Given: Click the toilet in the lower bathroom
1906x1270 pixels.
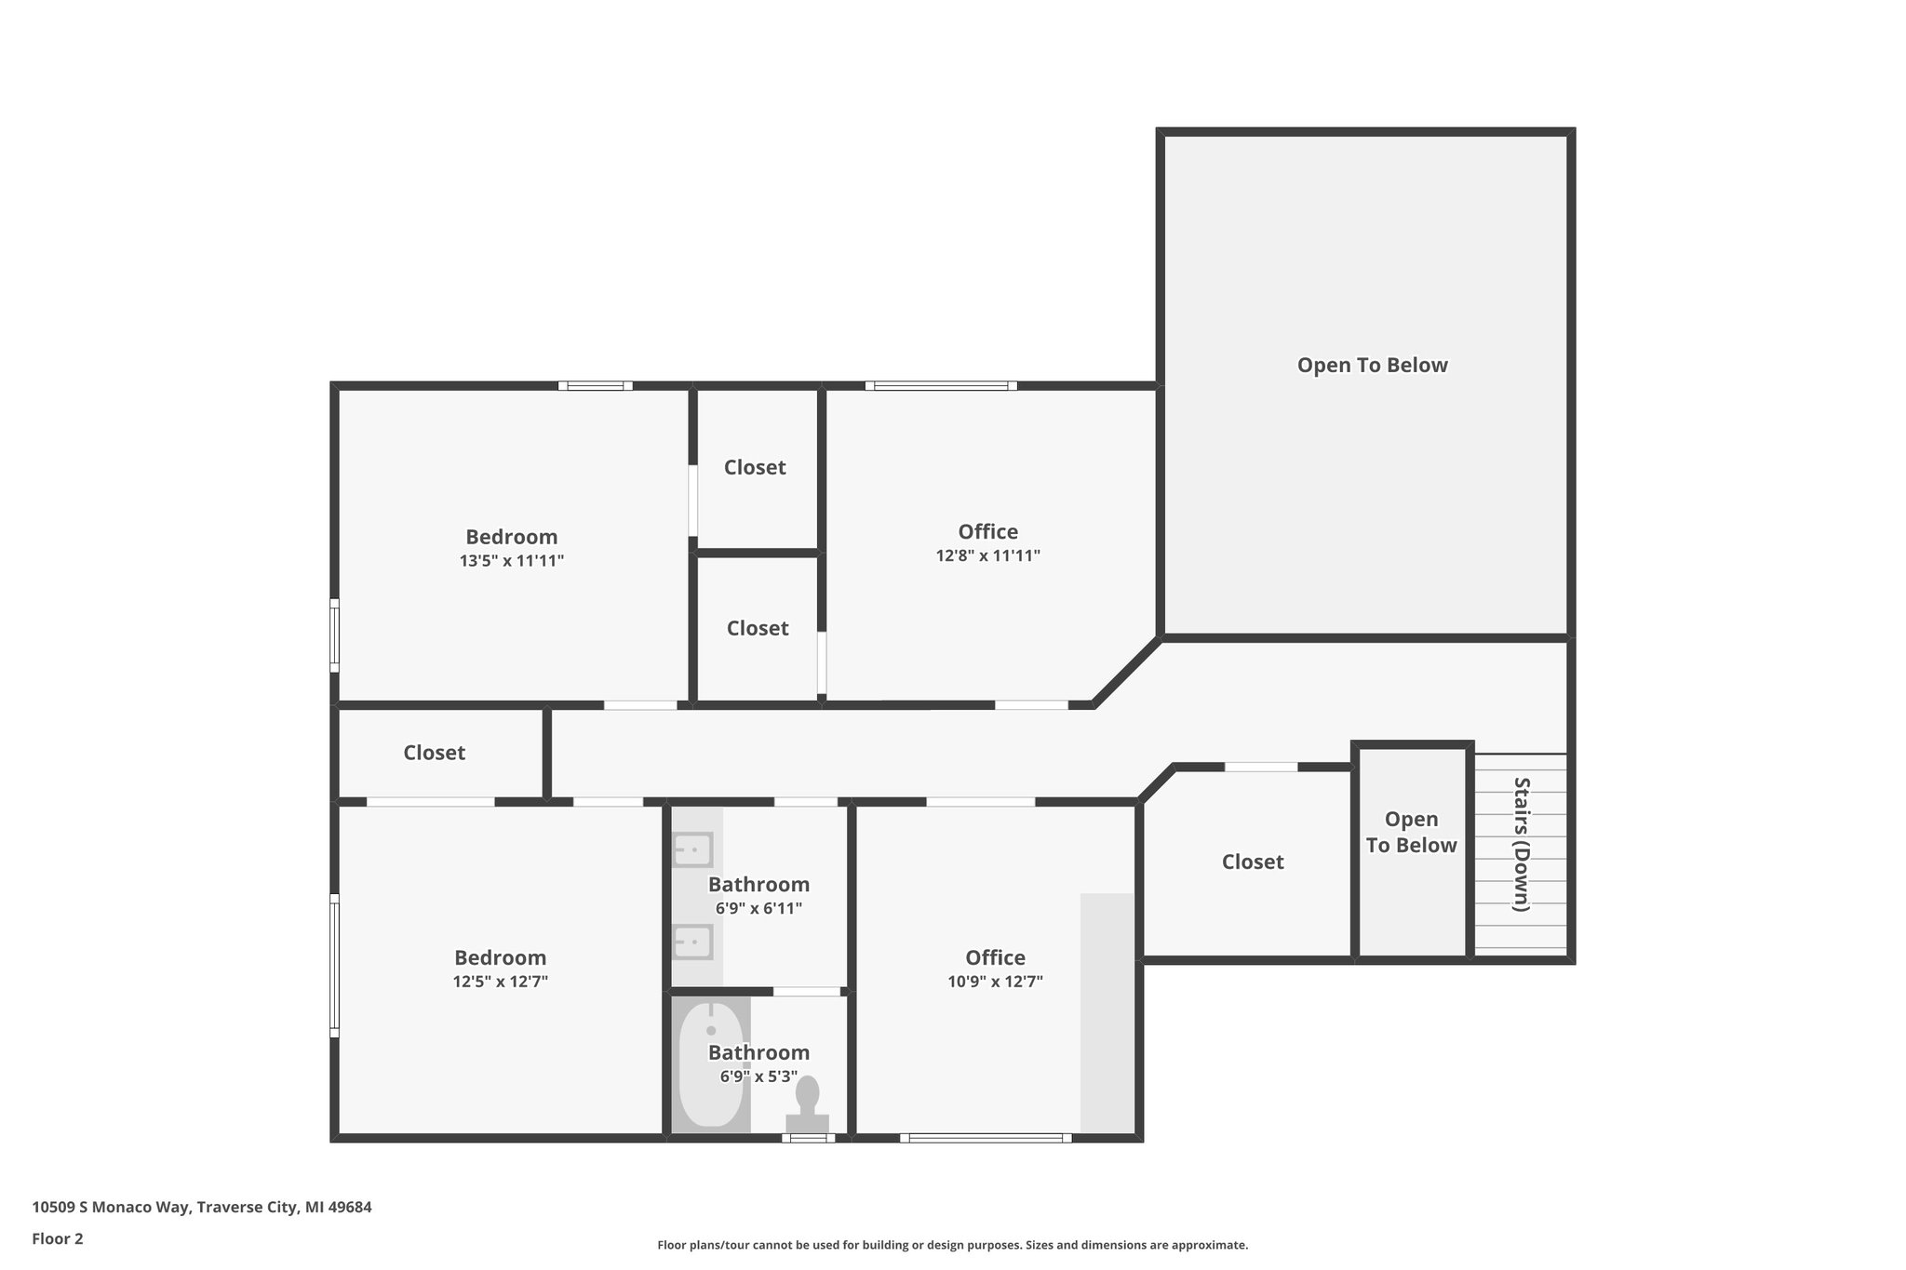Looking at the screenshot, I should coord(807,1104).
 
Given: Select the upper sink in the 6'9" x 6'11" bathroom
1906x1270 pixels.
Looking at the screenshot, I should coord(692,849).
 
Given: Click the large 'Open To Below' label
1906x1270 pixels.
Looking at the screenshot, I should coord(1372,365).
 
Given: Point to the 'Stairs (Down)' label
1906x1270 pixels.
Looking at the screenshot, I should coord(1521,844).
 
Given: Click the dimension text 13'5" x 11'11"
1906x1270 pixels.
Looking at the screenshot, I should coord(511,561).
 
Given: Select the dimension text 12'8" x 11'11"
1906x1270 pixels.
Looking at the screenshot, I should coord(987,555).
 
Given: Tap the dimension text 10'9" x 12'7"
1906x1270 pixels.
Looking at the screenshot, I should coord(995,982).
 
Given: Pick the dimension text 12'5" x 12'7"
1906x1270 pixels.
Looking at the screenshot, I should coord(500,982).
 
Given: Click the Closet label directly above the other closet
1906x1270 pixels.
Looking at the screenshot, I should coord(755,467).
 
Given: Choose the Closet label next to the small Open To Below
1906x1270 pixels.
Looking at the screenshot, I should coord(1252,862).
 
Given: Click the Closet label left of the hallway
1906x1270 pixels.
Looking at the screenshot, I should coord(434,753).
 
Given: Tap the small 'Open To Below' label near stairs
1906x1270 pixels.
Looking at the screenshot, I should coord(1411,832).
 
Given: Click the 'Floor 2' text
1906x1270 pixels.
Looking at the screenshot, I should coord(58,1238).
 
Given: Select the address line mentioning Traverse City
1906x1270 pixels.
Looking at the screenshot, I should coord(202,1207).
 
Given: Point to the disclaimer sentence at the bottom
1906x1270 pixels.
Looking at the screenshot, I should coord(952,1245).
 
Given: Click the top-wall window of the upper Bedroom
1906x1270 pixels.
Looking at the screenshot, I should coord(595,386).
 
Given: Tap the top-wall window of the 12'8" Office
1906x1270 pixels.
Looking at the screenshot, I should coord(940,386).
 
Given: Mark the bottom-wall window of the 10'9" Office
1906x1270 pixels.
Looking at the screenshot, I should coord(986,1137).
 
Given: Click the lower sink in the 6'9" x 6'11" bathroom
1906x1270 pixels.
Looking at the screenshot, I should coord(692,942).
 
